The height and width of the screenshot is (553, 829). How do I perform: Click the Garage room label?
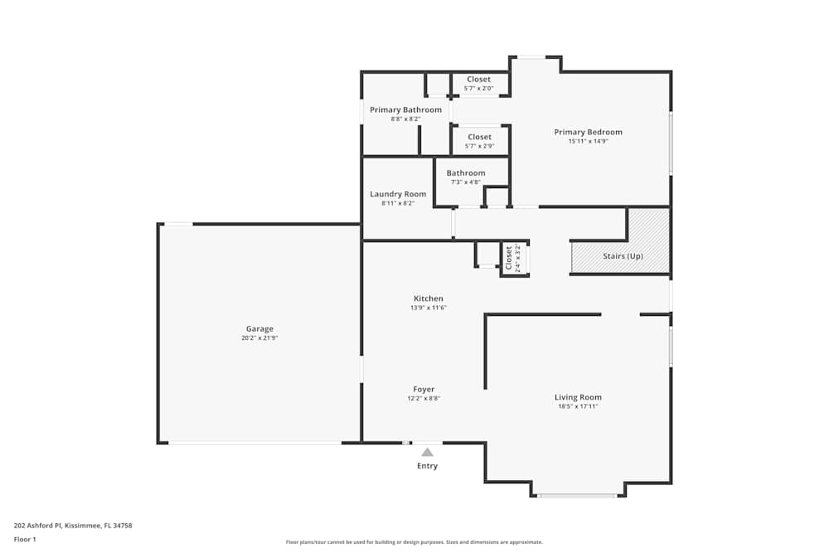pos(259,329)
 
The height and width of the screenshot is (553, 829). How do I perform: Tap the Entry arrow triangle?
pos(427,452)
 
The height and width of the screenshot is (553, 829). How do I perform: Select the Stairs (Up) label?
pos(623,256)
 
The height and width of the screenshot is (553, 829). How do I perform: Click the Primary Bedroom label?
pos(588,132)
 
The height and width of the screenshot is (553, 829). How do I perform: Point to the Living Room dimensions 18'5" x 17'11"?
pos(578,406)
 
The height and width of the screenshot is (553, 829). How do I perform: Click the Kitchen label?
pos(429,298)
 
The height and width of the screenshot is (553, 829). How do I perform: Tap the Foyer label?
pos(424,389)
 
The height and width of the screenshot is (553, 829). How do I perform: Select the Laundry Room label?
pos(398,194)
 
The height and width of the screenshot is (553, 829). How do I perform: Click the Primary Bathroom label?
pos(405,109)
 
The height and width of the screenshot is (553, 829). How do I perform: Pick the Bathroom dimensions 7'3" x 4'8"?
pos(466,182)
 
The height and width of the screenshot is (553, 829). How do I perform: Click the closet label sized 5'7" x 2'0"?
pos(478,80)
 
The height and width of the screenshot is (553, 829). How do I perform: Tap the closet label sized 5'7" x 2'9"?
pos(479,137)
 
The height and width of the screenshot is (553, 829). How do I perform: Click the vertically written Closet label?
pos(509,258)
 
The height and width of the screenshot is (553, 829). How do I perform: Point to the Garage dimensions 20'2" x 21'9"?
pos(259,338)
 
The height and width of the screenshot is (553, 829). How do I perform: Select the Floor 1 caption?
pos(25,539)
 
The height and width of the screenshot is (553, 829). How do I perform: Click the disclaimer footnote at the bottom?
pos(414,542)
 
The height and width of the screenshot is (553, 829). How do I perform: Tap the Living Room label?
pos(578,397)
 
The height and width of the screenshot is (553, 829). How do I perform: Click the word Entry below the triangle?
pos(427,466)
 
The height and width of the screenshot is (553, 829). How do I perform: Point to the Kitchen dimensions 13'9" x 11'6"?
pos(429,308)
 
